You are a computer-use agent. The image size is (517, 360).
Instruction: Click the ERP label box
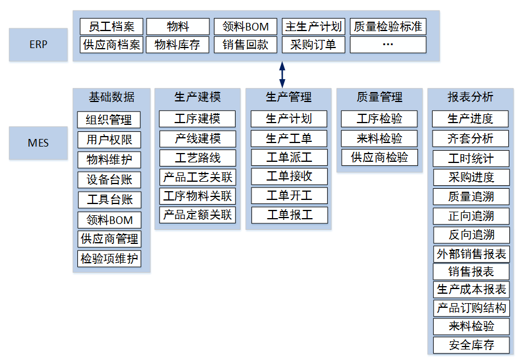(x=39, y=45)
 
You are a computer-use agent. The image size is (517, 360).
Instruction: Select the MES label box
(x=39, y=143)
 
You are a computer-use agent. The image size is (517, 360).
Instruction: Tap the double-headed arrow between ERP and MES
(x=282, y=74)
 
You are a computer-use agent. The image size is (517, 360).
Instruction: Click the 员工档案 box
(x=111, y=27)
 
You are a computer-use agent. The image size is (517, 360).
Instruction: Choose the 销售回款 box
(x=245, y=45)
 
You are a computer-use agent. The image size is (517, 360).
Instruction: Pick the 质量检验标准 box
(x=387, y=27)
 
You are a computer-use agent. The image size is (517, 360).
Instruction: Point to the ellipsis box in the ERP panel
(x=387, y=45)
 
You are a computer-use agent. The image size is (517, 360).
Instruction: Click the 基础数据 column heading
(x=111, y=97)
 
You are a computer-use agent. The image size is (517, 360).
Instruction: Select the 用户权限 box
(x=110, y=140)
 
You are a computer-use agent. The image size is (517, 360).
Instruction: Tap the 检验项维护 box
(x=110, y=259)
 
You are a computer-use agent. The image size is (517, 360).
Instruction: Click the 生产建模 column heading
(x=198, y=97)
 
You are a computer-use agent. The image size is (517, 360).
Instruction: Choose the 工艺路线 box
(x=198, y=158)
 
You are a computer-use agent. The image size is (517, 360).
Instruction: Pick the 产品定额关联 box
(x=198, y=215)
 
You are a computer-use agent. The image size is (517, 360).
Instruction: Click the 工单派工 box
(x=290, y=158)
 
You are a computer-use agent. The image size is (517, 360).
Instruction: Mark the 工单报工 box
(x=290, y=215)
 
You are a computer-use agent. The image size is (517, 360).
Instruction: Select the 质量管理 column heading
(x=379, y=97)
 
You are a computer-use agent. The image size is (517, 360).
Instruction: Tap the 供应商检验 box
(x=379, y=158)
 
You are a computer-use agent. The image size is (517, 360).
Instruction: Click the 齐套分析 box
(x=471, y=138)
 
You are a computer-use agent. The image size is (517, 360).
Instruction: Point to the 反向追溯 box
(x=471, y=235)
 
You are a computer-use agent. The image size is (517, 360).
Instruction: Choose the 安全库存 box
(x=471, y=345)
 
